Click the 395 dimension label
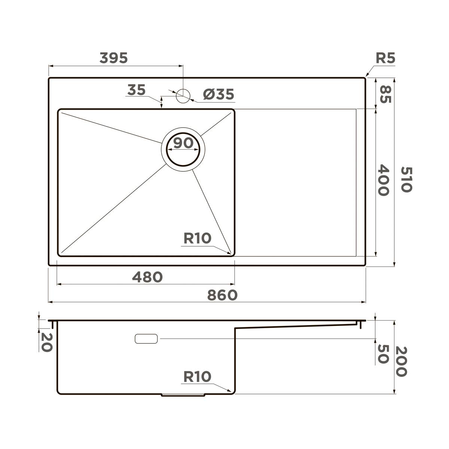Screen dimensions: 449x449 [114, 58]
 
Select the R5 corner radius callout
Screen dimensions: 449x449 [385, 58]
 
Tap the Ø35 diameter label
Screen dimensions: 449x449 [219, 94]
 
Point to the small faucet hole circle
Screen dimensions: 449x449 [183, 96]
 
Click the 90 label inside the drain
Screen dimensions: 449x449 [183, 143]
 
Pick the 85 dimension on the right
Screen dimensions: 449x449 [385, 94]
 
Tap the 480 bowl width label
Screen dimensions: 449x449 [147, 277]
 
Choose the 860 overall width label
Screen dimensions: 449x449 [222, 295]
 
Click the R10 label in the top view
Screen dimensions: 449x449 [197, 238]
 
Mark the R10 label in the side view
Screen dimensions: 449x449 [197, 377]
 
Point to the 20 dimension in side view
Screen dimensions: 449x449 [46, 342]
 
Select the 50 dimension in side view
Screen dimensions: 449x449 [383, 354]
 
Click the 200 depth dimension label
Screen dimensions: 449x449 [401, 361]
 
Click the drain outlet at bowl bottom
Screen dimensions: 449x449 [183, 395]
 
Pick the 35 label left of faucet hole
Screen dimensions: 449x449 [136, 90]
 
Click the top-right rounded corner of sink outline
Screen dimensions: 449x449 [364, 79]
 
